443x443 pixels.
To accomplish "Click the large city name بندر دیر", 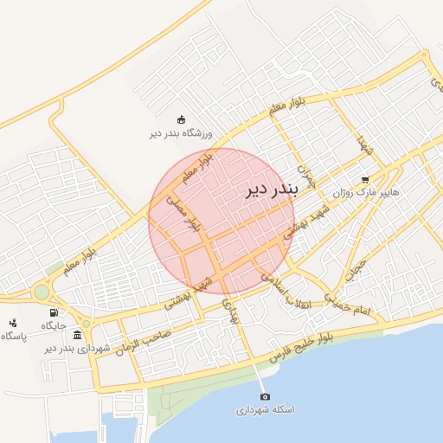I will (273, 189).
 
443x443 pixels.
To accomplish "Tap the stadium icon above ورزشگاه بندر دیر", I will (181, 119).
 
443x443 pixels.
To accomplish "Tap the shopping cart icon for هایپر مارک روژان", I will (366, 180).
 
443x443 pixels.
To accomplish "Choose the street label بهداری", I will (228, 311).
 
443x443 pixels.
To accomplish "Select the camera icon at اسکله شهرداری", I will (265, 395).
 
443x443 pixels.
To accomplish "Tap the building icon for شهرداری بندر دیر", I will (78, 335).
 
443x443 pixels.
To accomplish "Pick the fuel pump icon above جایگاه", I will (55, 313).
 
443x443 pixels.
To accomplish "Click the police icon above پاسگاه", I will (12, 323).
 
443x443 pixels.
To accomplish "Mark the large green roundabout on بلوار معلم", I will (42, 292).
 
